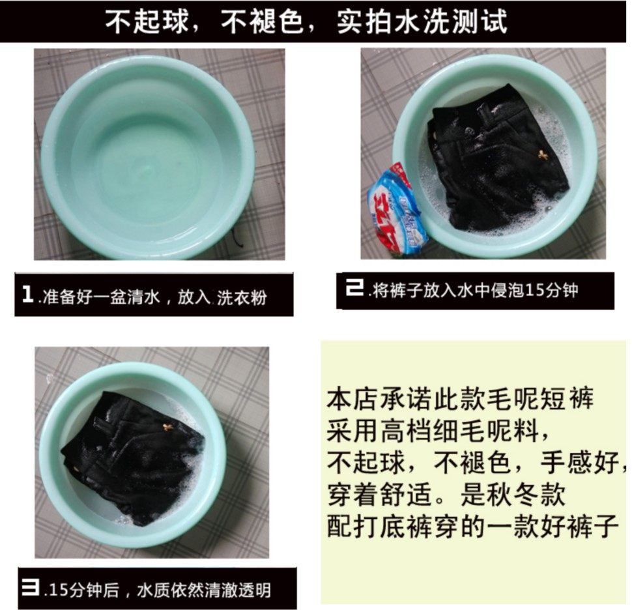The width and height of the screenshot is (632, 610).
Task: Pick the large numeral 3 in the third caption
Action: tap(31, 587)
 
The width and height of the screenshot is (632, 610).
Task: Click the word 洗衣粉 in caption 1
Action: tap(242, 298)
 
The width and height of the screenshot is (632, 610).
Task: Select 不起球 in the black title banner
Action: tap(147, 21)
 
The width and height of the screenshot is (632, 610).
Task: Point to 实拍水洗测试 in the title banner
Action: tap(422, 21)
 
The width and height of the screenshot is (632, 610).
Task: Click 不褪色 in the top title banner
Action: tap(263, 21)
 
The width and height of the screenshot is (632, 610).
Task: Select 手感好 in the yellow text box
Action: tap(580, 462)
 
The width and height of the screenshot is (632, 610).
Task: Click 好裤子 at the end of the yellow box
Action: tap(579, 526)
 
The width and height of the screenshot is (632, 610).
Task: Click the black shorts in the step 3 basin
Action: tap(132, 457)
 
